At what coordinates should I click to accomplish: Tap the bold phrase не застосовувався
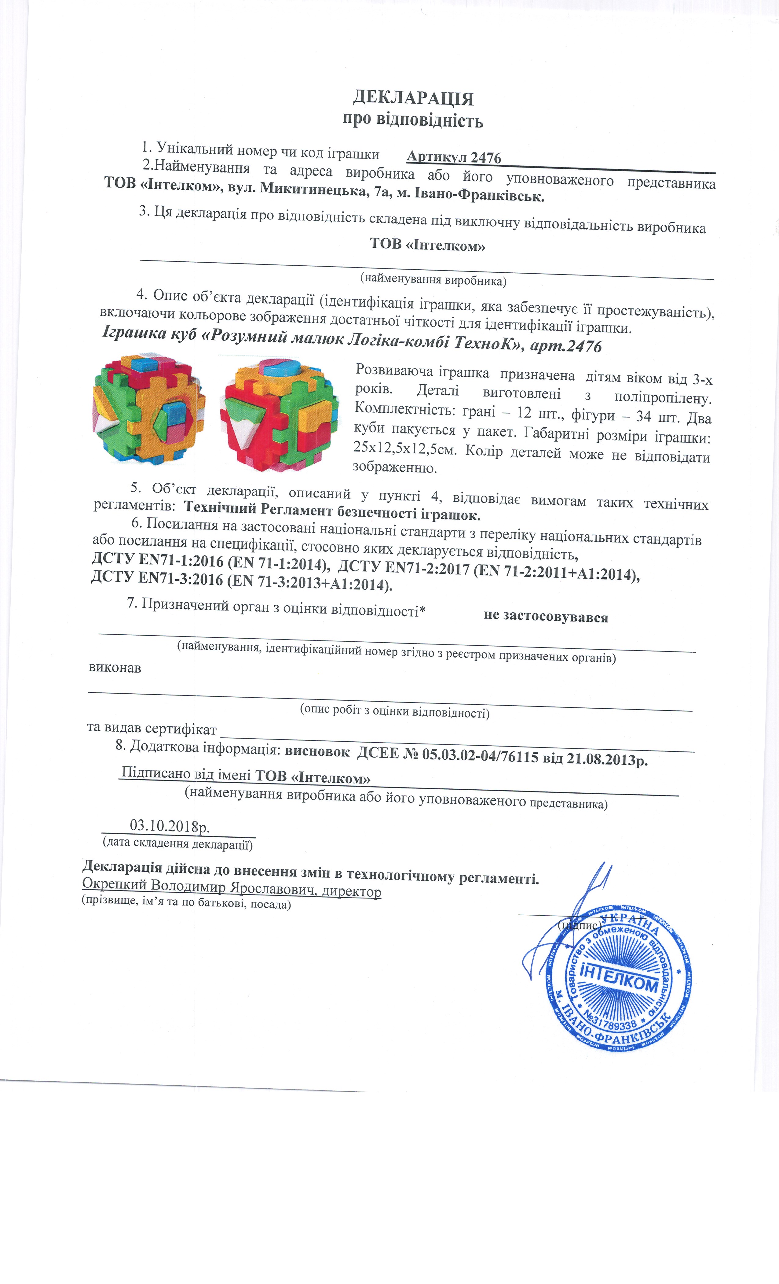pyautogui.click(x=546, y=617)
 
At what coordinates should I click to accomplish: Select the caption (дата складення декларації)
pyautogui.click(x=177, y=843)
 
